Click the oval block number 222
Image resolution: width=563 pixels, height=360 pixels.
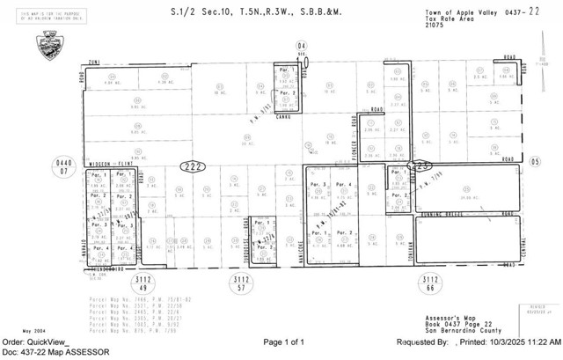189,165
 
